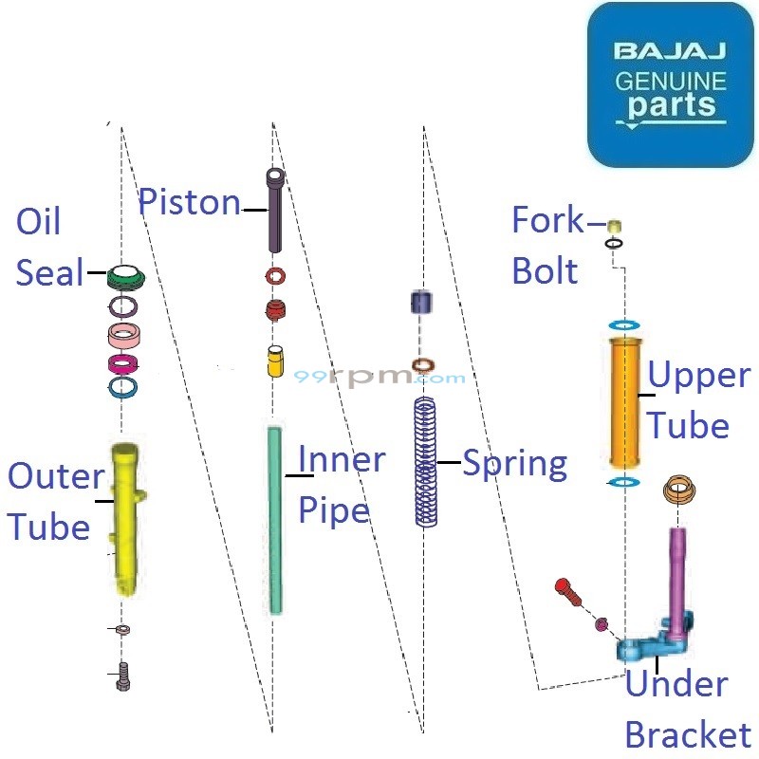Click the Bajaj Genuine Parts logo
(670, 85)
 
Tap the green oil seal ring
(124, 276)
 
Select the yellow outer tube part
(123, 512)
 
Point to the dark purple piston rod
(274, 209)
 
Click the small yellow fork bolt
(614, 226)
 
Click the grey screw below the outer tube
(122, 676)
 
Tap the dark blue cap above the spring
(421, 303)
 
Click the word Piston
(190, 202)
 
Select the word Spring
(514, 464)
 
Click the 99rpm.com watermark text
(379, 377)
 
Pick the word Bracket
(688, 734)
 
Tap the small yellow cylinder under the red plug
(275, 361)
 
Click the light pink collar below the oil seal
(124, 336)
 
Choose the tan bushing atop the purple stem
(678, 490)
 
